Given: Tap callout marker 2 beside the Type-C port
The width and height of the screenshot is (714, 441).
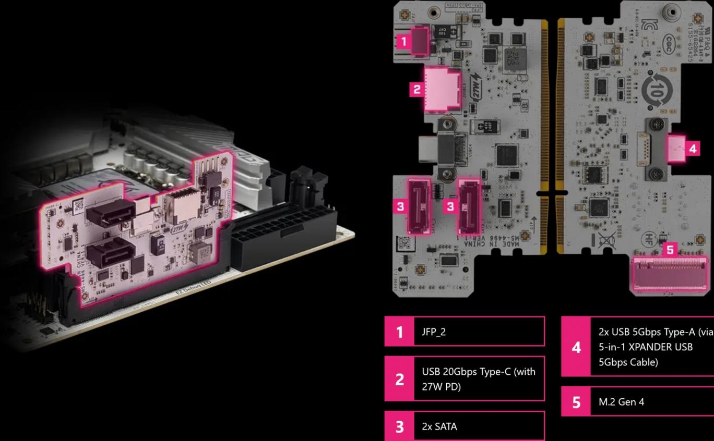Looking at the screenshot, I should (x=416, y=90).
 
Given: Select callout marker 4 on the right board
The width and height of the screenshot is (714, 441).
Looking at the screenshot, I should (x=692, y=149).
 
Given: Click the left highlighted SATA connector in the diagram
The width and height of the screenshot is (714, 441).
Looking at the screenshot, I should (x=420, y=206).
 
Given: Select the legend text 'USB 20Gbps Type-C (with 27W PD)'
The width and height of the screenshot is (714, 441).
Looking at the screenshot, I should (x=478, y=379).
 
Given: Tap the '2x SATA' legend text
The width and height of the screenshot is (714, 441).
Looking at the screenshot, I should (x=439, y=426).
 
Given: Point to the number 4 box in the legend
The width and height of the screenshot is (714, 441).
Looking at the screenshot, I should (x=576, y=347).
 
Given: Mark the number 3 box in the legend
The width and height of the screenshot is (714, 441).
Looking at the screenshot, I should (x=399, y=426).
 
